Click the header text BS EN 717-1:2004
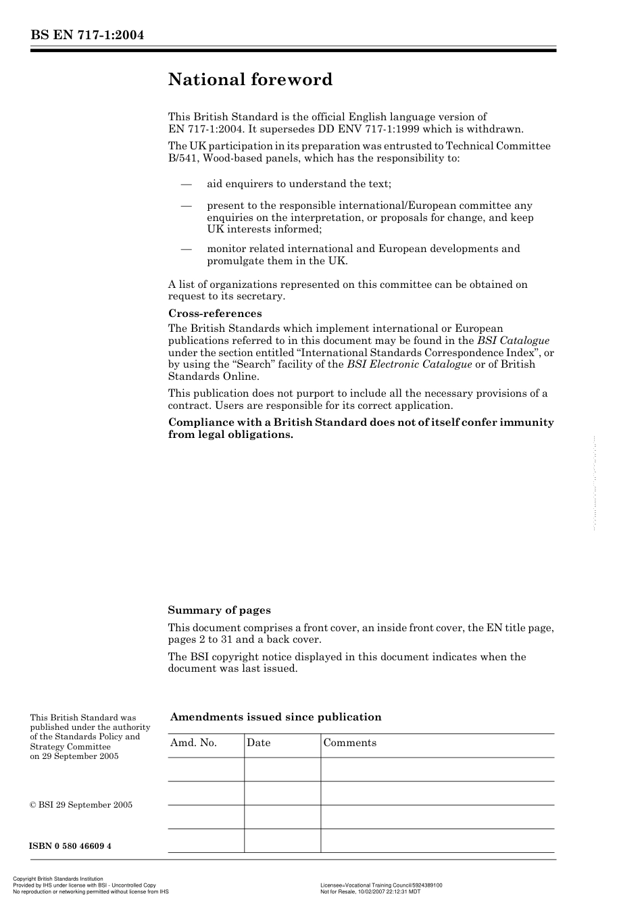(87, 35)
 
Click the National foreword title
(250, 80)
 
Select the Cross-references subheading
(214, 314)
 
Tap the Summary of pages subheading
(219, 610)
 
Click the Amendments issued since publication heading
(276, 717)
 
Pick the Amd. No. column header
(193, 743)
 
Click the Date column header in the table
(258, 743)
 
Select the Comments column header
(349, 743)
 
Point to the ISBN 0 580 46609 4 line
(70, 846)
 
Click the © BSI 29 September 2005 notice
(81, 805)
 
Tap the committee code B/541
(182, 158)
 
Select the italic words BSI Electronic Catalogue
(409, 364)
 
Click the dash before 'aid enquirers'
(185, 184)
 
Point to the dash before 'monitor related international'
(185, 249)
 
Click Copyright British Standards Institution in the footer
(58, 879)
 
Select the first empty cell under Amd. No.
(205, 769)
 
